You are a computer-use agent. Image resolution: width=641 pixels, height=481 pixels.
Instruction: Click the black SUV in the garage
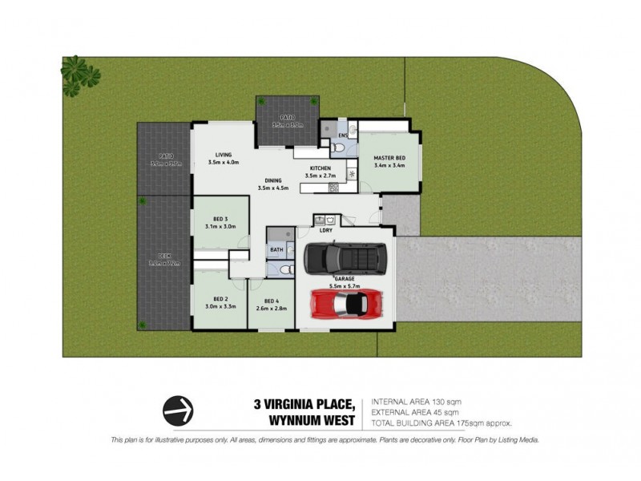click(345, 258)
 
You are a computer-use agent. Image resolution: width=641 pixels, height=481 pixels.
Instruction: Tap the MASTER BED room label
click(389, 159)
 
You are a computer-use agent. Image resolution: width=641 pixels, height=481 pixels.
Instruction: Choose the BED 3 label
click(221, 219)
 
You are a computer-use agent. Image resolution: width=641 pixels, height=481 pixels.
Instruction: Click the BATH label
click(276, 250)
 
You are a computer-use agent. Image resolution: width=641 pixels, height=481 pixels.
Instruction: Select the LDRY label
click(326, 230)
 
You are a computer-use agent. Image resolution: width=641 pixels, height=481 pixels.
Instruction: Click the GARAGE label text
click(345, 279)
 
